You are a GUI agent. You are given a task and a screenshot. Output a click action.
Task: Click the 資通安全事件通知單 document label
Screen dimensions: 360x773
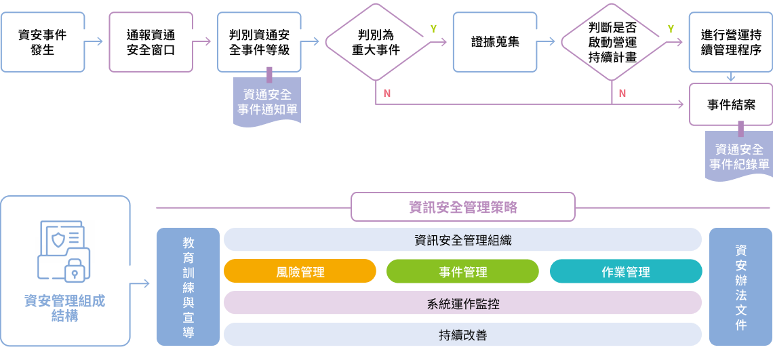[267, 102]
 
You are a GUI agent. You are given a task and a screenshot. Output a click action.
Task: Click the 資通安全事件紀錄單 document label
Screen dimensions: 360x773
[739, 157]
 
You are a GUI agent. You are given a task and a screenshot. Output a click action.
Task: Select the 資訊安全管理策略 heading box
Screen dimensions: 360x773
[462, 207]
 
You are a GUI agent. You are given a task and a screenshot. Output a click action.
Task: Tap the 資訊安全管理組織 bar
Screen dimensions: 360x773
[462, 240]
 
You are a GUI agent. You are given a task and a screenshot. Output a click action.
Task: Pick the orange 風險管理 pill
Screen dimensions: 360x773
[300, 272]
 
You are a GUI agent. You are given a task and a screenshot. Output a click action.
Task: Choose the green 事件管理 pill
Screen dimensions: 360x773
[462, 272]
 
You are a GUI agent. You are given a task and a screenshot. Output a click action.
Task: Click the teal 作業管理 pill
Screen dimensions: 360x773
[625, 272]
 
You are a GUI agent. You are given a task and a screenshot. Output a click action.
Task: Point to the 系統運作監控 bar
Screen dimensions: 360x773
[462, 304]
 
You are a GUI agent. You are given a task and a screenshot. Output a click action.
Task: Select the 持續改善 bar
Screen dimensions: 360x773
[462, 335]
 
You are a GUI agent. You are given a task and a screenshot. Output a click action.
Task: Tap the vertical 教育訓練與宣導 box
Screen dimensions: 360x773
[188, 287]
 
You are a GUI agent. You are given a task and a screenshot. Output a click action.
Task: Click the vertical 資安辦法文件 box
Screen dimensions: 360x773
[740, 287]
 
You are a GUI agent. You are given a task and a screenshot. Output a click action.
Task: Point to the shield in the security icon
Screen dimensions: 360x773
[59, 238]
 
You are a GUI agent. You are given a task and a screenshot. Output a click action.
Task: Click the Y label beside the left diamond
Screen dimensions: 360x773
[433, 28]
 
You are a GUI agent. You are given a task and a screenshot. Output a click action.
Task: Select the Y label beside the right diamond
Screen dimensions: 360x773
[671, 28]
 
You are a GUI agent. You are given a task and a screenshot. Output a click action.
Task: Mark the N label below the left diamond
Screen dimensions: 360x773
[386, 93]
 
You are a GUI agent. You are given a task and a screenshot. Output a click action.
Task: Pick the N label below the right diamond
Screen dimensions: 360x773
[622, 93]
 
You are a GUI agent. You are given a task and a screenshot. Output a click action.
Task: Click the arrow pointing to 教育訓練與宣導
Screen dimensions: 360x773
[142, 283]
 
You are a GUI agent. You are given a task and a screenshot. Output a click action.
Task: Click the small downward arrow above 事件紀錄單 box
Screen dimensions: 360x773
[730, 77]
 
